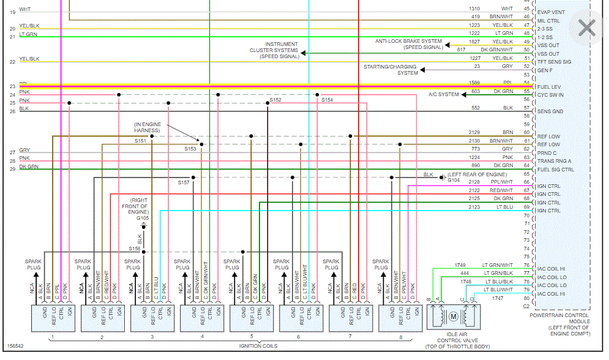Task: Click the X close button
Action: coord(587,27)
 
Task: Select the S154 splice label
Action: coord(327,100)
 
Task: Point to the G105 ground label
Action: coord(143,218)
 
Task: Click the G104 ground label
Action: coord(453,181)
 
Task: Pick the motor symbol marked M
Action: coord(454,316)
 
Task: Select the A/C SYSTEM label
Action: coord(444,94)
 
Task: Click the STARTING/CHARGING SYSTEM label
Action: coord(390,70)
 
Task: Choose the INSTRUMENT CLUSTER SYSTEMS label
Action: coord(274,50)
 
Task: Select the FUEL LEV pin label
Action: coord(549,87)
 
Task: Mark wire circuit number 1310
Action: coord(474,9)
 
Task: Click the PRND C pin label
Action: coord(547,152)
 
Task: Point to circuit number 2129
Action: coord(474,132)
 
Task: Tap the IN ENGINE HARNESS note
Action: coord(148,127)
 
